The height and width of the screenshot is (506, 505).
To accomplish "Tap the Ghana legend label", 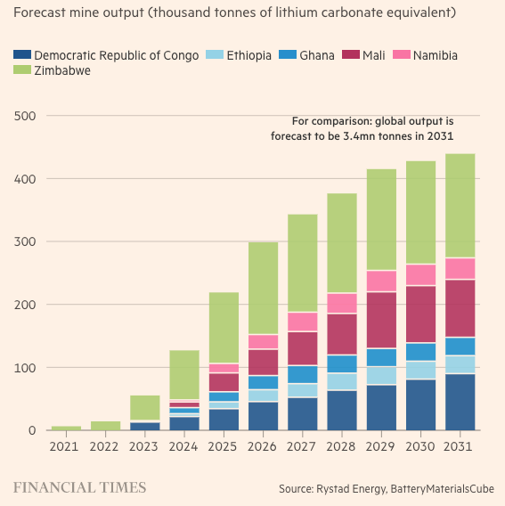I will [317, 55].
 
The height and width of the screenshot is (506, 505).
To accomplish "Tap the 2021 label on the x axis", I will [66, 445].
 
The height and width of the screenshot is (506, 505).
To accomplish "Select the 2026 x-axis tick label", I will [263, 445].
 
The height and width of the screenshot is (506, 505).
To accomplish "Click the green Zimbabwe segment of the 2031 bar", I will [460, 205].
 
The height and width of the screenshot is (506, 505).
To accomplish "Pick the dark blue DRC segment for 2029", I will [381, 408].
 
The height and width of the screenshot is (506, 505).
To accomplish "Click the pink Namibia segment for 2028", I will [342, 303].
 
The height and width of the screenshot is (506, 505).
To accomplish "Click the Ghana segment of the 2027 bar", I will [303, 374].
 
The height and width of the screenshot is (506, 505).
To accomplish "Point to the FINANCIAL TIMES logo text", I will [79, 487].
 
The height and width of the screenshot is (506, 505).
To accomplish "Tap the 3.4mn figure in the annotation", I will [355, 136].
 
